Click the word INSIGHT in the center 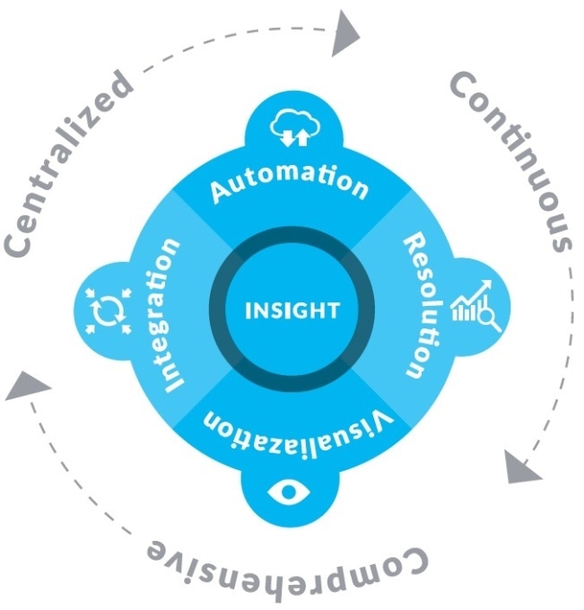tap(292, 311)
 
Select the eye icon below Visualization tap(287, 491)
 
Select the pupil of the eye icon tap(287, 491)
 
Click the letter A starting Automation tap(218, 191)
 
